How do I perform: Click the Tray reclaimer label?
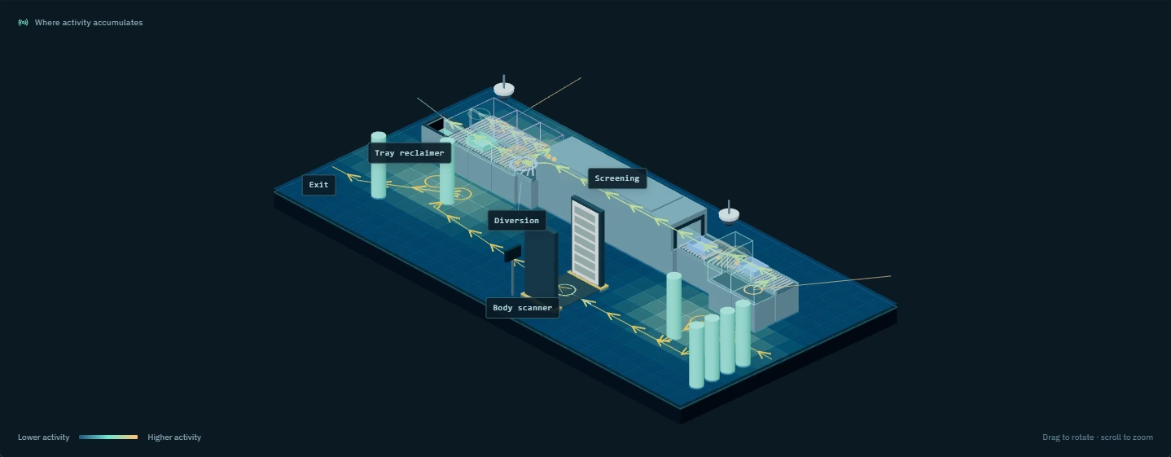tap(410, 153)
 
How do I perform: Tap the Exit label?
tap(319, 185)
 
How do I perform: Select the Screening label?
tap(617, 178)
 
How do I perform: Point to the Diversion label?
tap(516, 221)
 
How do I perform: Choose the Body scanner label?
tap(522, 308)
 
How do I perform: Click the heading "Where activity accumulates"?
tap(88, 23)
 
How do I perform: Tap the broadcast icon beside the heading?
tap(23, 23)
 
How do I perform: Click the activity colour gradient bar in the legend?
tap(108, 437)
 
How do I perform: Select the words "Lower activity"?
tap(43, 437)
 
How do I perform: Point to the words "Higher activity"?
tap(174, 437)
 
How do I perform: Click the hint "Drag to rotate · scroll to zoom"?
tap(1097, 437)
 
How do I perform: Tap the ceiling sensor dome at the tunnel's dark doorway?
tap(729, 214)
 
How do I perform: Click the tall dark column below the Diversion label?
tap(541, 265)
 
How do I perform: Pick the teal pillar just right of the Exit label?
tap(379, 165)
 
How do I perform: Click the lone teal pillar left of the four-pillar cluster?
tap(673, 305)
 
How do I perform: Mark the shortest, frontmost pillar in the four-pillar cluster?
tap(696, 355)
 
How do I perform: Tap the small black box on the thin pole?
tap(512, 253)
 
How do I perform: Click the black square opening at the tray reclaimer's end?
tap(436, 125)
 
